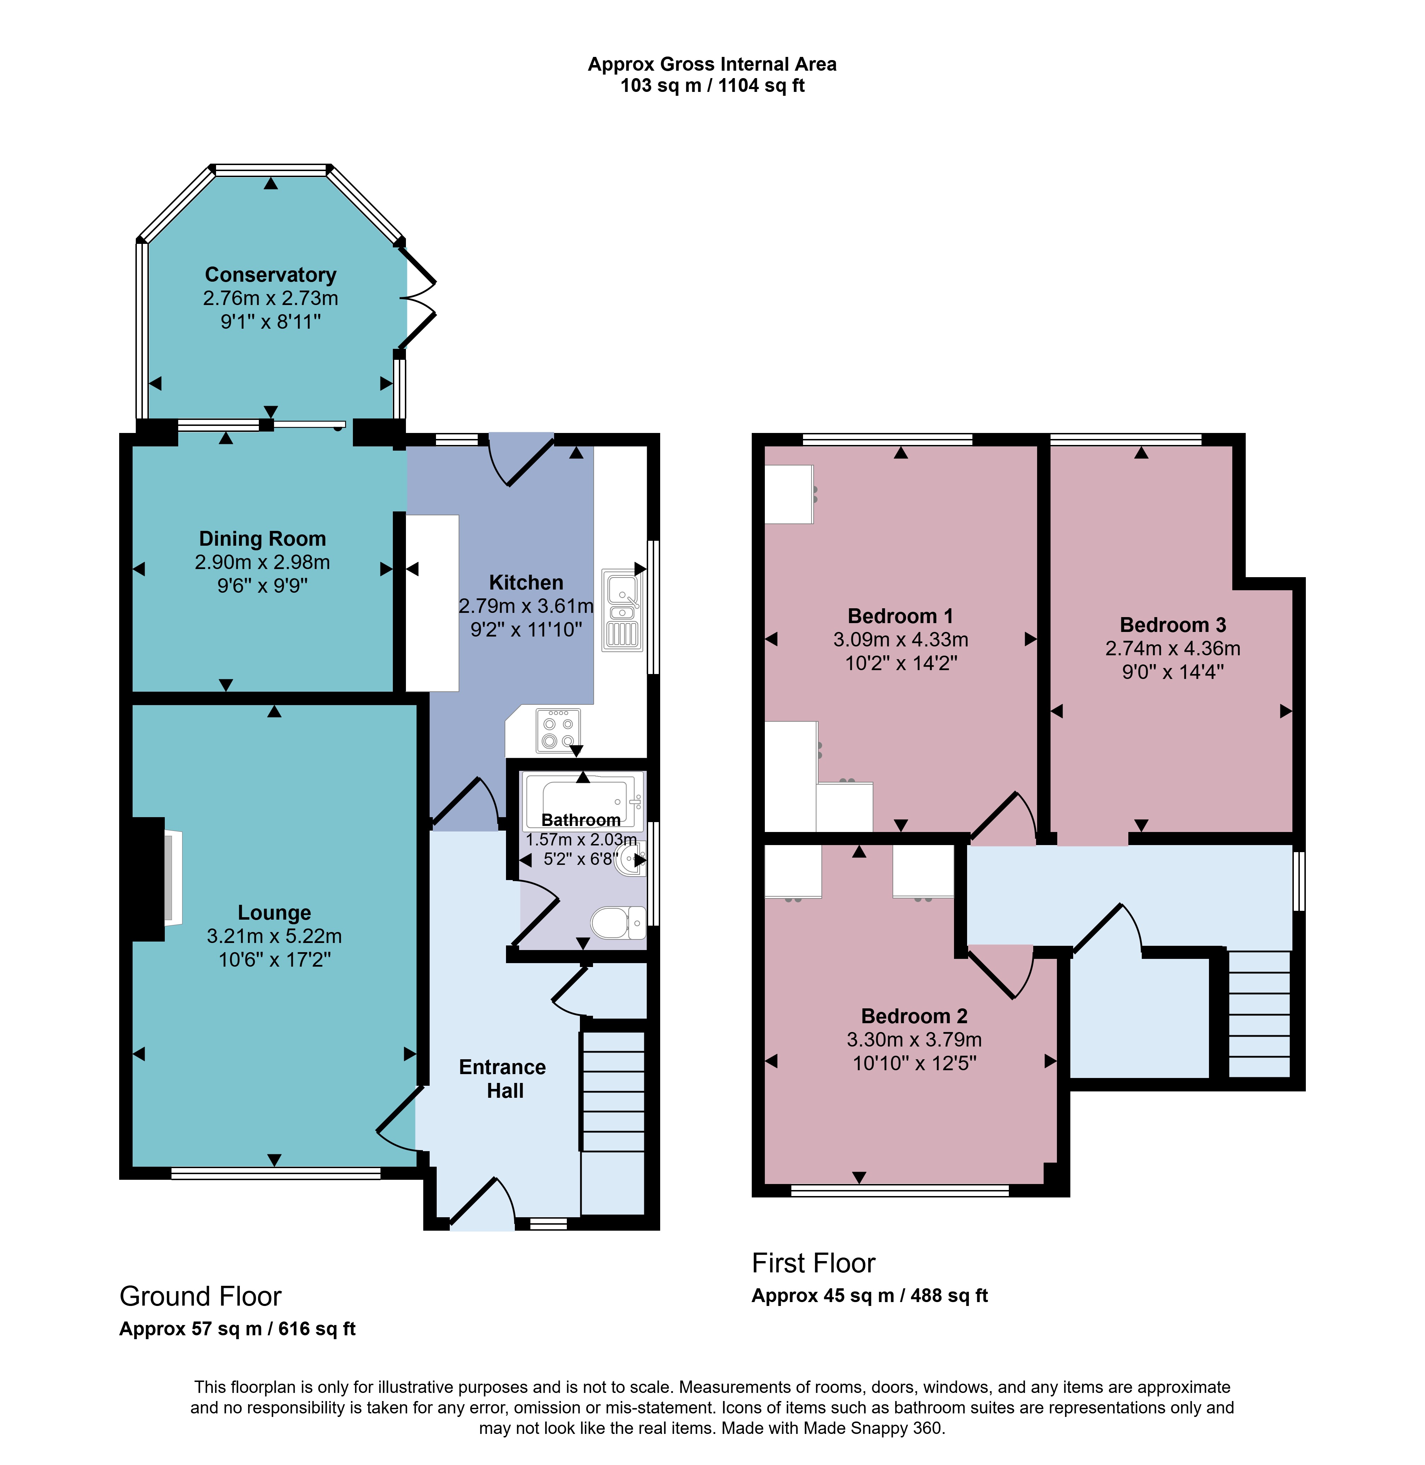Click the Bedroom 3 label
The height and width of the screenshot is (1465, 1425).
click(1173, 625)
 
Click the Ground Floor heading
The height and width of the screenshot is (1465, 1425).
click(200, 1296)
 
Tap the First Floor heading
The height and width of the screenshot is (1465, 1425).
click(814, 1263)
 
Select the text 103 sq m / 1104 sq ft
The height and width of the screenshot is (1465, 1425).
click(712, 85)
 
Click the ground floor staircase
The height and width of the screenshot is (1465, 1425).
click(612, 1092)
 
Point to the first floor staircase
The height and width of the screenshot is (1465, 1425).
click(1260, 1014)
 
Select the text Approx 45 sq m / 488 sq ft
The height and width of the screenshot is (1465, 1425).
click(869, 1295)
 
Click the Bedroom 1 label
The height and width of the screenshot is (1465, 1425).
click(900, 616)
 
